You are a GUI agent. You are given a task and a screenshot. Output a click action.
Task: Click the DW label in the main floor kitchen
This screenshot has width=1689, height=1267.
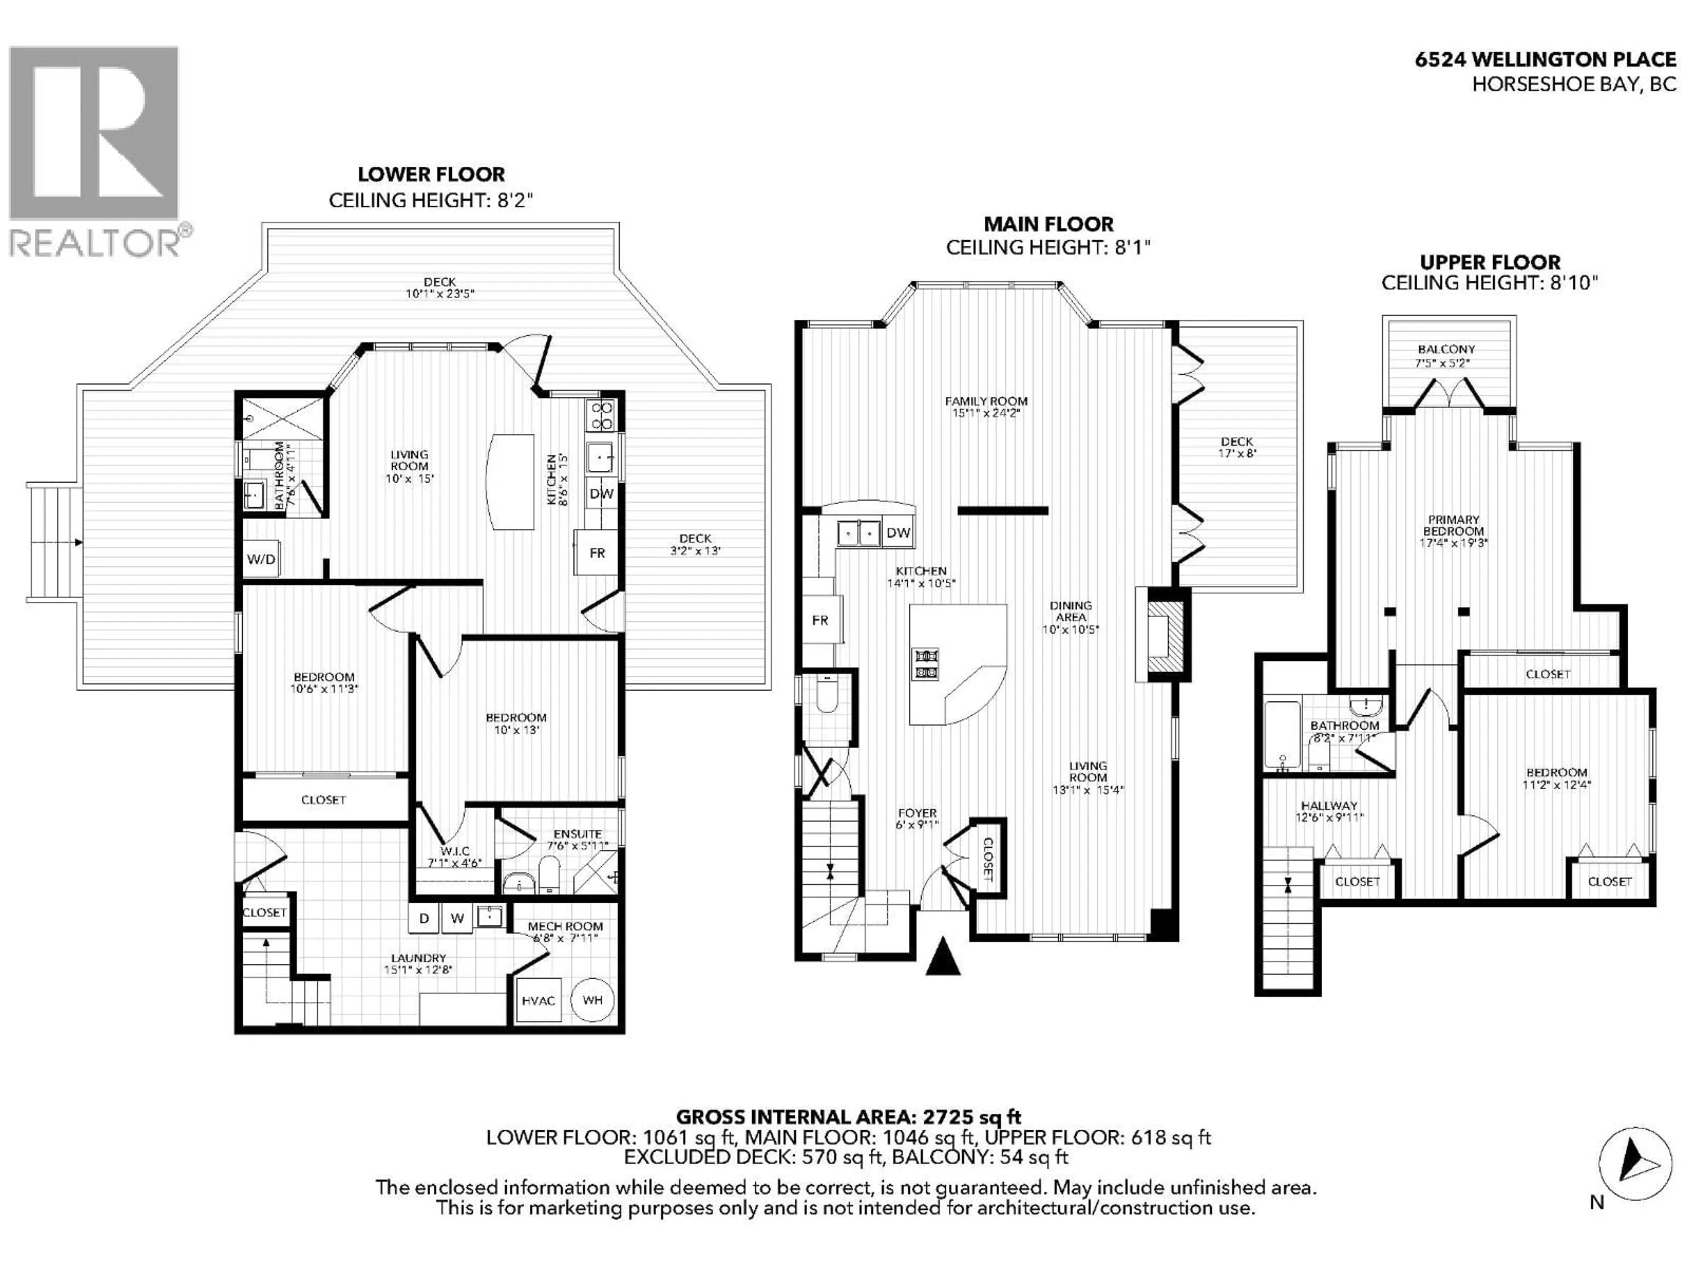pos(899,532)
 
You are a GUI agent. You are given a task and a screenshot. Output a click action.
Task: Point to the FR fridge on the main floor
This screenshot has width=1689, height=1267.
pos(820,620)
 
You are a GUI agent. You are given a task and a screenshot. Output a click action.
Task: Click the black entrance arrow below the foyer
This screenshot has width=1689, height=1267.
pos(943,958)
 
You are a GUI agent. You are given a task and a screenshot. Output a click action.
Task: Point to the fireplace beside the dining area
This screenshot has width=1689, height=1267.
pos(1164,633)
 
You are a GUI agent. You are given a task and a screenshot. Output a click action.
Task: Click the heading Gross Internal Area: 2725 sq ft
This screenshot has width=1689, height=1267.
pos(848,1117)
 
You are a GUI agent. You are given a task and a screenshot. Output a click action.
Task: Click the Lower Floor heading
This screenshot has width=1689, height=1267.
pos(431,174)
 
